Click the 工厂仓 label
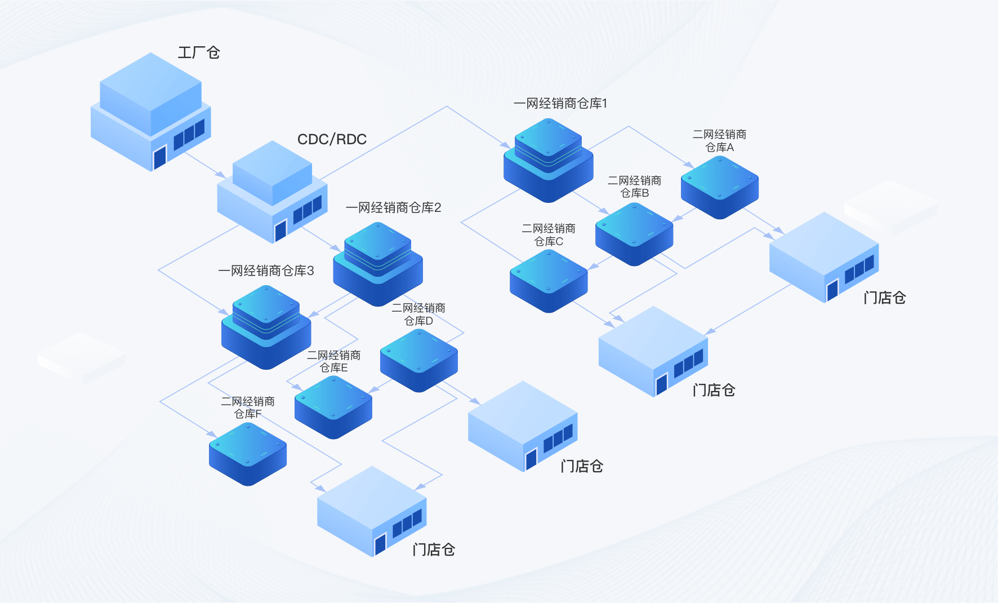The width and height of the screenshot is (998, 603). (199, 53)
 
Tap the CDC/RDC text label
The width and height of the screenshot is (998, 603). (332, 139)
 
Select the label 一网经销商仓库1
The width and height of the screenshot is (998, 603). (560, 104)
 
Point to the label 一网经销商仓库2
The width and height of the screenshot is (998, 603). (393, 208)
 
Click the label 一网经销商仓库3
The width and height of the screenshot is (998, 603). (266, 271)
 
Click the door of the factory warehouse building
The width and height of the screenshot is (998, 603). (160, 157)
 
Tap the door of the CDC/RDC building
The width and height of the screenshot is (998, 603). (280, 230)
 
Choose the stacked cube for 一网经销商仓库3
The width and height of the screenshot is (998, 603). (266, 326)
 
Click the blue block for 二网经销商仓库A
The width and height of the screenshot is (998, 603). (719, 187)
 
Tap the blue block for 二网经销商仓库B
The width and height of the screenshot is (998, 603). (634, 234)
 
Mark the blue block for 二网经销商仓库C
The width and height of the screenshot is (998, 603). (549, 281)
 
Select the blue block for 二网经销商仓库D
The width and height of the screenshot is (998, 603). (418, 360)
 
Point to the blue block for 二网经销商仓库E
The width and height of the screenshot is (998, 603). (333, 407)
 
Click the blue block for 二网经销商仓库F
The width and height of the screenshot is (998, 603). (248, 454)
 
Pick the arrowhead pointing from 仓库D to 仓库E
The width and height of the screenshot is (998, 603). (372, 389)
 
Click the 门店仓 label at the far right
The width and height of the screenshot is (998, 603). (884, 298)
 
